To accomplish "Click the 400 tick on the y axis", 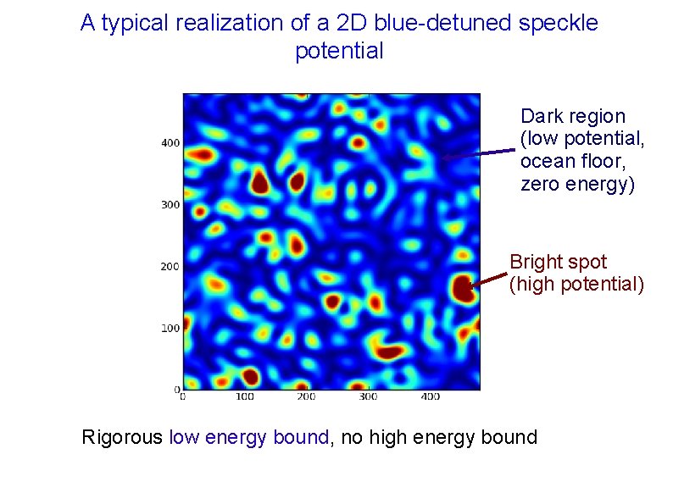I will pos(170,143).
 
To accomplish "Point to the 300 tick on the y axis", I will pos(170,205).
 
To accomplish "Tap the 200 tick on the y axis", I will pos(170,267).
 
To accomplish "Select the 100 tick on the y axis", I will pos(170,328).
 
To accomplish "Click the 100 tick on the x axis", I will pos(245,396).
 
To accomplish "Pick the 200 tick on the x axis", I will pos(307,396).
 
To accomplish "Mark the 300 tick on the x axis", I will pos(368,396).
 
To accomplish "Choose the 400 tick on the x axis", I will pos(430,396).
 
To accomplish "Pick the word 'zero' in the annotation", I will pos(540,185).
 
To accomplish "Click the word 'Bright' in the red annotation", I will pos(535,262).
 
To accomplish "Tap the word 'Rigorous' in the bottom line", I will pos(122,438).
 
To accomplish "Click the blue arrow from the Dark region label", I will pos(478,154).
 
